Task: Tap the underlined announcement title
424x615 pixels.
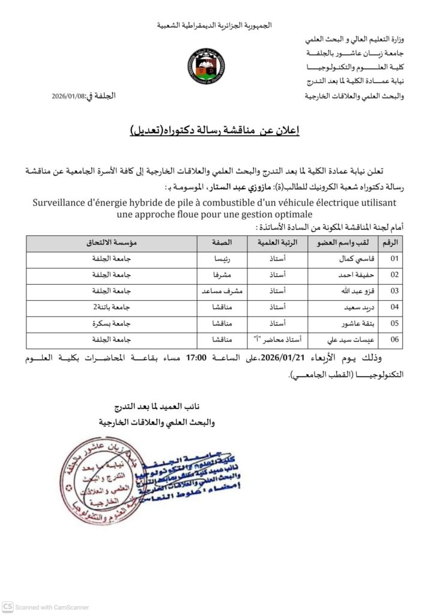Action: tap(214, 130)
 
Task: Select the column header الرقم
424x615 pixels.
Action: tap(393, 243)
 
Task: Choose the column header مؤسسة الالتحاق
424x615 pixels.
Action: tap(112, 243)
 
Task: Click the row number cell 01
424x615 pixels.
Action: tap(395, 259)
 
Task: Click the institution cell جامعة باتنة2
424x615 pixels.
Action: tap(112, 308)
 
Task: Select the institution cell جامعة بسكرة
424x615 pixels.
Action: tap(112, 324)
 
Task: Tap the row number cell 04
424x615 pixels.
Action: tap(395, 308)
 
